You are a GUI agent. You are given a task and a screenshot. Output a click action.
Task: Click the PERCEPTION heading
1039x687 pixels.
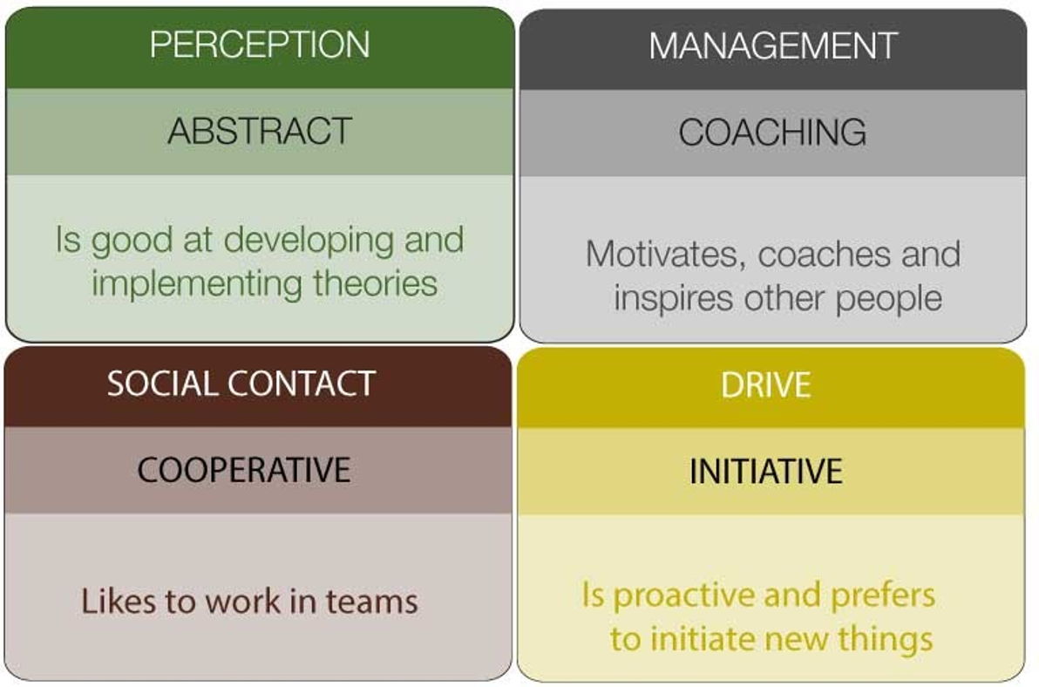260,44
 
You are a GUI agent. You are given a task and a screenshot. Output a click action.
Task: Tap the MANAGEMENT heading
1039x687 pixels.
772,45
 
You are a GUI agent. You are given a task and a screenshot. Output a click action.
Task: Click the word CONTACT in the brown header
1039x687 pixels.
302,384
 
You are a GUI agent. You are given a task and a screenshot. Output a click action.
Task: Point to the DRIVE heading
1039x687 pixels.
766,384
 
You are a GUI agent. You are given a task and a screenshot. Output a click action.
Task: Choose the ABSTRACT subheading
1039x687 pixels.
260,131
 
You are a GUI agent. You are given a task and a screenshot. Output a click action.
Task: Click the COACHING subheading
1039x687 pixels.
772,132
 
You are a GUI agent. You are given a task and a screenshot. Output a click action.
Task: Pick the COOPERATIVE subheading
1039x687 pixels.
244,470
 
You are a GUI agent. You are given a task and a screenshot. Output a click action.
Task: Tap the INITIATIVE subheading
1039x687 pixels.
766,471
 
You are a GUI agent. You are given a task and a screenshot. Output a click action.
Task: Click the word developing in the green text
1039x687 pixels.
309,241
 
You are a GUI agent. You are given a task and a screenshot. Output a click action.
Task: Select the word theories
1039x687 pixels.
375,282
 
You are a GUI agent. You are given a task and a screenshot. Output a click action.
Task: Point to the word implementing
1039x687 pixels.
197,285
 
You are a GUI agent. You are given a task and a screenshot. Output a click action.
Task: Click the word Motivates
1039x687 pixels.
665,255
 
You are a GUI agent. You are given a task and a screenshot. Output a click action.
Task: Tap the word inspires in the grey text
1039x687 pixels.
674,299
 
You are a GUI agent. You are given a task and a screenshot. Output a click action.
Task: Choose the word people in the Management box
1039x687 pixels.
888,299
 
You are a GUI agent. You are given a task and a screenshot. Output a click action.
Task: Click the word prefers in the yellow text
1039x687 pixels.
883,595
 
